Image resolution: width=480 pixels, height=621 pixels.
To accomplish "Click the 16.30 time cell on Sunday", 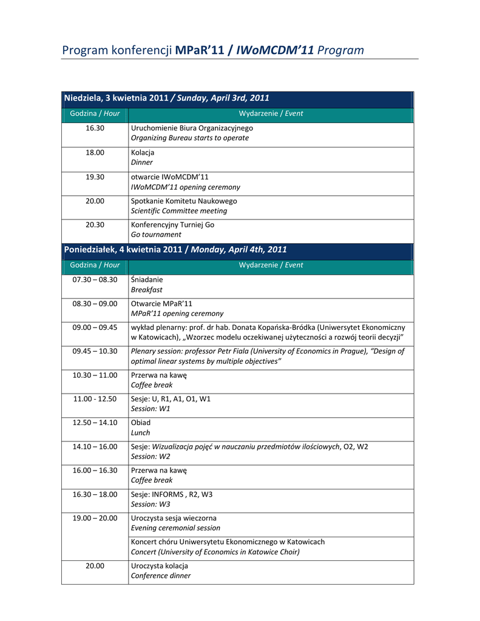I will click(95, 128).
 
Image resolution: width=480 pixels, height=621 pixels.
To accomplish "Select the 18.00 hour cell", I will click(95, 152).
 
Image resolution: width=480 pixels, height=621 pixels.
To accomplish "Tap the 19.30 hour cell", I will click(95, 176).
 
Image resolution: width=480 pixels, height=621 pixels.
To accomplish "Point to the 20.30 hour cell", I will click(95, 224).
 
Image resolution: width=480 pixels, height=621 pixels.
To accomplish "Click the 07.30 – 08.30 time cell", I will click(95, 280).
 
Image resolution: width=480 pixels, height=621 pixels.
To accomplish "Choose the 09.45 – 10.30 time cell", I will click(95, 351).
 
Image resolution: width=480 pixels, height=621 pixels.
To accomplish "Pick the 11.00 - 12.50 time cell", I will click(95, 399).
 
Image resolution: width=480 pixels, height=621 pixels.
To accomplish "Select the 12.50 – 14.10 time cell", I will click(95, 423).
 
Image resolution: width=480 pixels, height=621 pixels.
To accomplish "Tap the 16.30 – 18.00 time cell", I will click(95, 494).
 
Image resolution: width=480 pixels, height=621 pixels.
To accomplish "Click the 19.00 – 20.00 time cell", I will click(95, 518).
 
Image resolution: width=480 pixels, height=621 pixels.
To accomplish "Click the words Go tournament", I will click(156, 234).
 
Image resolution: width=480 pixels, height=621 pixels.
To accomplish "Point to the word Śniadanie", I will click(147, 280).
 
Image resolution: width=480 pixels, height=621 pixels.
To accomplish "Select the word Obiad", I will click(141, 423).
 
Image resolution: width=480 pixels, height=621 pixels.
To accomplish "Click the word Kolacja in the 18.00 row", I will click(143, 152).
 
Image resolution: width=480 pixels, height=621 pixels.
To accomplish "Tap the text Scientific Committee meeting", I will click(179, 210).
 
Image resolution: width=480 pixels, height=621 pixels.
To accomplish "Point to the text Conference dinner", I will click(161, 576).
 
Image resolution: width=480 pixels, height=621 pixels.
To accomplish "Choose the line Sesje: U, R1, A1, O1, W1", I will click(171, 399).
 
